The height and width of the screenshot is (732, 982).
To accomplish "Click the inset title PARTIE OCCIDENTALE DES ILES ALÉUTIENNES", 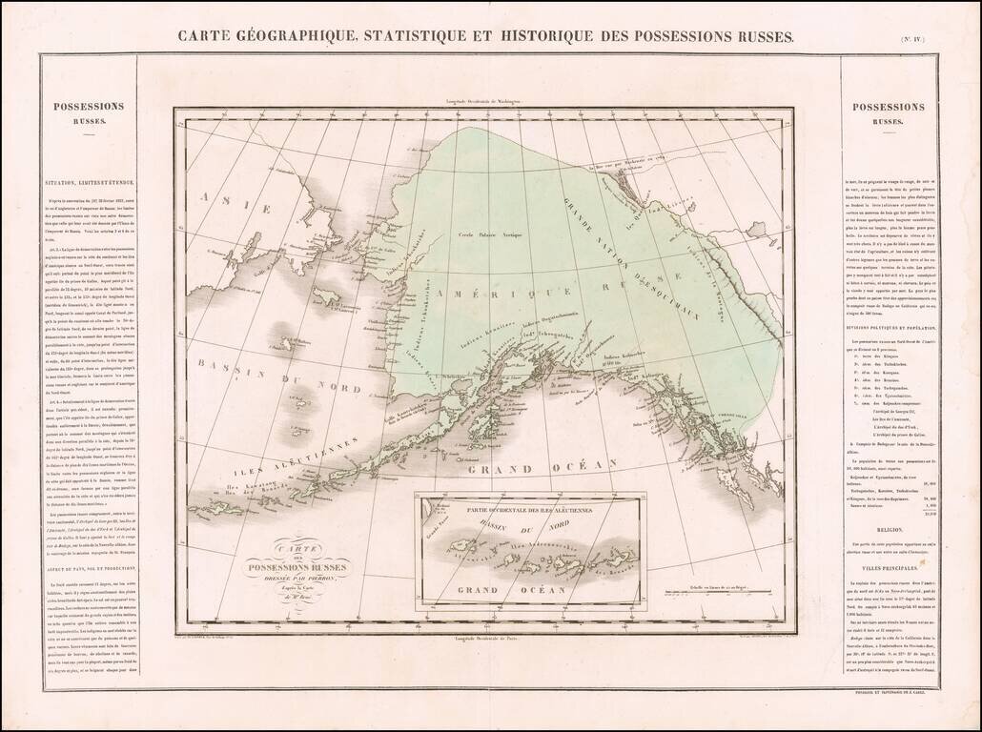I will [x=530, y=506].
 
